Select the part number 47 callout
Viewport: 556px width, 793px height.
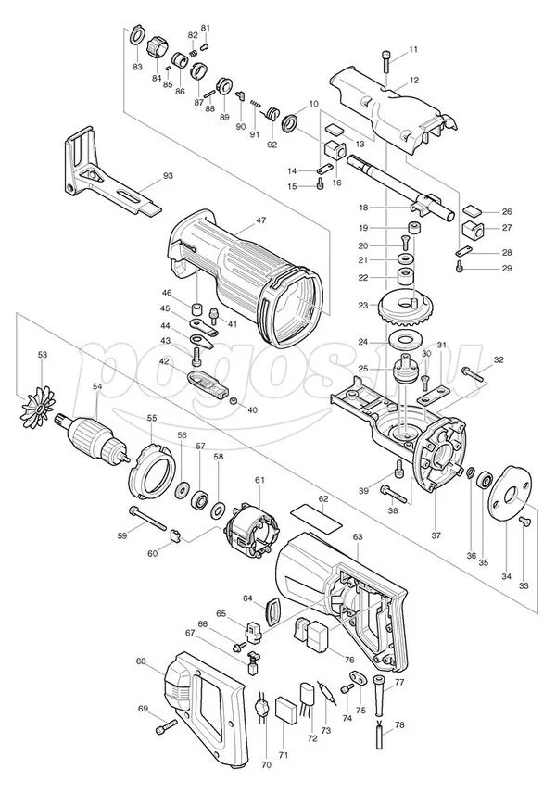click(x=261, y=220)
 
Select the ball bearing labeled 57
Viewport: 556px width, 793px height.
click(x=201, y=498)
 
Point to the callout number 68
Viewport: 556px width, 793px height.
click(x=142, y=661)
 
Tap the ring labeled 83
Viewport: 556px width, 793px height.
click(x=136, y=34)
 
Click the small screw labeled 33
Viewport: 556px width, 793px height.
click(x=525, y=521)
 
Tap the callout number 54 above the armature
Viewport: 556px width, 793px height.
click(x=97, y=386)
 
